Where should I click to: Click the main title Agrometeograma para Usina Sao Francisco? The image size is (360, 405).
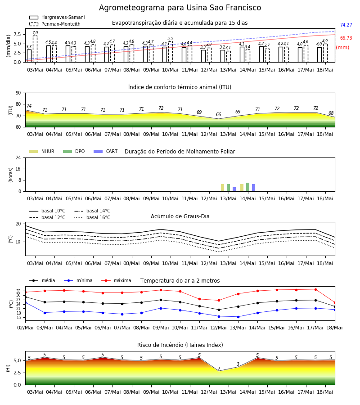[180, 8]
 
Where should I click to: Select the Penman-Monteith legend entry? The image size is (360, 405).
[55, 24]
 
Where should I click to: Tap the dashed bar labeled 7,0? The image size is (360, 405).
[35, 49]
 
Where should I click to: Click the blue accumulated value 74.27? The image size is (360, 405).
[346, 25]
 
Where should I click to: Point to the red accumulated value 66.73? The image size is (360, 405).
[346, 38]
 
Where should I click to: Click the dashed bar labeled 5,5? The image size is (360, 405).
[171, 52]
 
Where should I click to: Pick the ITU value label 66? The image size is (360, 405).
[219, 114]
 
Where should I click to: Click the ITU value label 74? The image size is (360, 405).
[29, 106]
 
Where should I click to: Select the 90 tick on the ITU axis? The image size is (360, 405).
[18, 93]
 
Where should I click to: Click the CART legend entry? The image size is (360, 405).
[106, 151]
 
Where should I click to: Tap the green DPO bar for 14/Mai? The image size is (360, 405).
[247, 187]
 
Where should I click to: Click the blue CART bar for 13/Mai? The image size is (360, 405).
[234, 189]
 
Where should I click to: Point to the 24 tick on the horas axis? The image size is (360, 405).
[18, 157]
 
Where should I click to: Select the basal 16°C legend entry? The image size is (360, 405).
[92, 217]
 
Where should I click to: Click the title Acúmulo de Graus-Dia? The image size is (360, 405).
[180, 216]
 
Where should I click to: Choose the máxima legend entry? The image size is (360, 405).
[116, 280]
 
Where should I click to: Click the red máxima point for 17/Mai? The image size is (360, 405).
[315, 289]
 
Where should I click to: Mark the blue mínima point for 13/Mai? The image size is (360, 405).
[238, 317]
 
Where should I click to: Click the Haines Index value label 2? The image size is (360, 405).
[219, 369]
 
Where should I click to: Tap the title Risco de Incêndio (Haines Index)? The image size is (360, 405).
[180, 345]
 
